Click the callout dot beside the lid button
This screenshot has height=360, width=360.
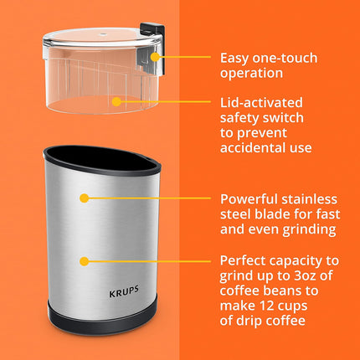tap(163, 58)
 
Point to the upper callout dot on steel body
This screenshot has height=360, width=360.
tap(84, 198)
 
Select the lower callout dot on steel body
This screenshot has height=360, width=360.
tap(84, 260)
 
